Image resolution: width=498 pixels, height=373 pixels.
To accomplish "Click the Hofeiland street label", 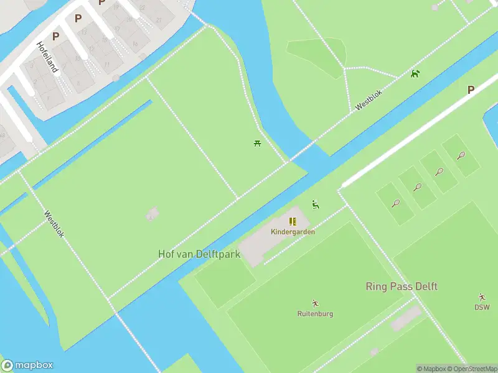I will [47, 57].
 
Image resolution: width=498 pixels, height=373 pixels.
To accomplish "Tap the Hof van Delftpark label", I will [199, 254].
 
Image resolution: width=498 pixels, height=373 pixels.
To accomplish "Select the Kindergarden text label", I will [293, 232].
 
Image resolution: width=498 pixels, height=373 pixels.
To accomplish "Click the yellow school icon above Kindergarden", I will [293, 221].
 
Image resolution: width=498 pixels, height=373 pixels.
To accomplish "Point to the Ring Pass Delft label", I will [401, 287].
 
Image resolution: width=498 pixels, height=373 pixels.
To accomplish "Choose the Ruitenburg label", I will [315, 314].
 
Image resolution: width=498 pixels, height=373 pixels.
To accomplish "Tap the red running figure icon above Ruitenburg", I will [315, 303].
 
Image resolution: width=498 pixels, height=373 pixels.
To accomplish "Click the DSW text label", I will [482, 307].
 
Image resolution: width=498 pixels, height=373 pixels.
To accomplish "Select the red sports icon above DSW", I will [482, 297].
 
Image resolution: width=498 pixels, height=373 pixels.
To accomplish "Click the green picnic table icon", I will [257, 144].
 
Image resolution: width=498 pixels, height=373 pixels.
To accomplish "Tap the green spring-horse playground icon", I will [415, 74].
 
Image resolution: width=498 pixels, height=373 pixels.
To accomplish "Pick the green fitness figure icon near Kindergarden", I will [316, 205].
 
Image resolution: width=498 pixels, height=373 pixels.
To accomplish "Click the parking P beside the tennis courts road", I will [471, 90].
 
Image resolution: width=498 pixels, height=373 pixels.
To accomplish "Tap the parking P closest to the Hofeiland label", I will [56, 36].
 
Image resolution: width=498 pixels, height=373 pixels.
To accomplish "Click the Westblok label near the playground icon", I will [368, 98].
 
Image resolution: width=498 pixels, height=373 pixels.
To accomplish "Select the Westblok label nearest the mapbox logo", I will [54, 224].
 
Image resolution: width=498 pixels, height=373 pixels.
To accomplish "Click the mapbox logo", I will [27, 366].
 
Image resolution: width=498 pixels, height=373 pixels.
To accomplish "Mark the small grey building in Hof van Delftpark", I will [152, 214].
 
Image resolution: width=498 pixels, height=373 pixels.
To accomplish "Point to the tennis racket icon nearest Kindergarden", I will [395, 203].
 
